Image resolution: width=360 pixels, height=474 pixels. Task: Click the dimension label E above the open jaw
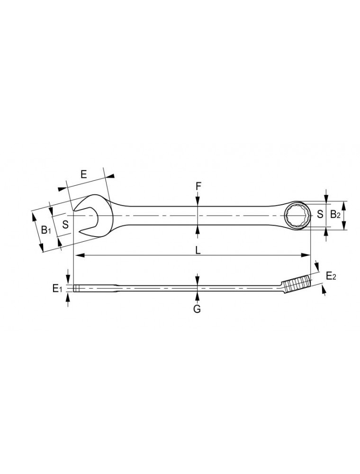click(84, 174)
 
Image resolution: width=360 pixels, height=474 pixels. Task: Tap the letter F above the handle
click(198, 186)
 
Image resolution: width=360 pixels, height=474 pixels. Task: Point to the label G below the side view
click(197, 309)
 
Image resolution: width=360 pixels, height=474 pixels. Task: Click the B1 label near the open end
click(45, 230)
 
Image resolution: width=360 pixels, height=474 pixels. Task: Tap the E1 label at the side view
click(57, 289)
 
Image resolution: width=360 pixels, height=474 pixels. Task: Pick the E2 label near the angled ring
click(331, 276)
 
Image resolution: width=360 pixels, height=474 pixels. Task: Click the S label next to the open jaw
click(65, 224)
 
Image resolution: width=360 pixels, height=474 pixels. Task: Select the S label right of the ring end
click(320, 214)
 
